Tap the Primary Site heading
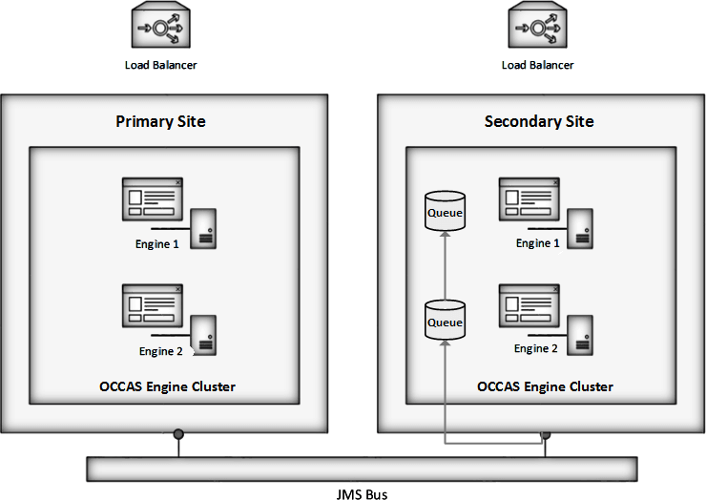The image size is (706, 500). pyautogui.click(x=160, y=121)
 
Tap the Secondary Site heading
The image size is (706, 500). pyautogui.click(x=539, y=121)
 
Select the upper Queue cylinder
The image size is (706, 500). pyautogui.click(x=445, y=211)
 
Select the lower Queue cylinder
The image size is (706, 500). pyautogui.click(x=445, y=322)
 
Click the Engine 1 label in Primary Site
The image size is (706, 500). pyautogui.click(x=156, y=243)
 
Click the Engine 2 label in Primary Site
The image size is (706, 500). pyautogui.click(x=159, y=351)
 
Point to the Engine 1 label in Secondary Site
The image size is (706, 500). pyautogui.click(x=533, y=243)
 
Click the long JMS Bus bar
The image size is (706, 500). pyautogui.click(x=361, y=468)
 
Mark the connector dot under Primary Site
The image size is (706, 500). pyautogui.click(x=177, y=435)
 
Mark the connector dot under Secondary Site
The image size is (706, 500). pyautogui.click(x=546, y=435)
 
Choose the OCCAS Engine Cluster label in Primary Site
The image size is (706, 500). pyautogui.click(x=167, y=386)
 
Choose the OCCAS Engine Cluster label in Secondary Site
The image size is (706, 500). pyautogui.click(x=545, y=386)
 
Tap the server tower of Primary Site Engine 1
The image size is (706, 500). pyautogui.click(x=202, y=229)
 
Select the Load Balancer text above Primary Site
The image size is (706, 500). pyautogui.click(x=161, y=65)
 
